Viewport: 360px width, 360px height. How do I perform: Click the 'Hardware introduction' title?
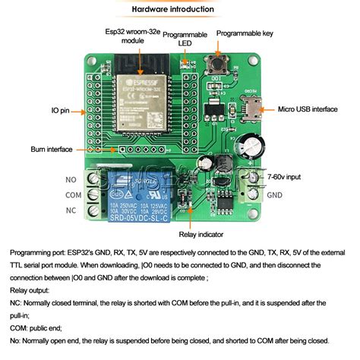[179, 9]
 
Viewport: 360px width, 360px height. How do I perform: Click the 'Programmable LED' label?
[185, 39]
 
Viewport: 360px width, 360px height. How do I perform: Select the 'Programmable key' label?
[246, 33]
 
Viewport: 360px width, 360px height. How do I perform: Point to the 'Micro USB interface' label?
[307, 109]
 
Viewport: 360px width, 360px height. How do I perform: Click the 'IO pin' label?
[60, 111]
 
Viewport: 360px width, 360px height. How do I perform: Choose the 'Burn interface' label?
[52, 150]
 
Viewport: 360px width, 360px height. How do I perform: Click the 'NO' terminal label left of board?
[71, 179]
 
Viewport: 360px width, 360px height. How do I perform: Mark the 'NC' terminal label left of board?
[71, 209]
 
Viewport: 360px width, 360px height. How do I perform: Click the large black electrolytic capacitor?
[251, 147]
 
